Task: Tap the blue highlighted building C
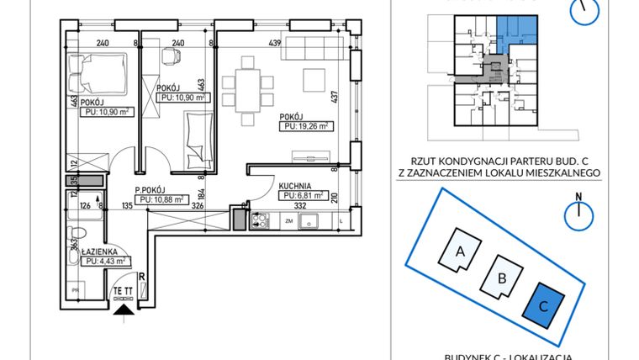pos(543,306)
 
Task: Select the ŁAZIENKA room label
pos(100,251)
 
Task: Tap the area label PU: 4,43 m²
pos(106,261)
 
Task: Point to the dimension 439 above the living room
pos(274,43)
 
